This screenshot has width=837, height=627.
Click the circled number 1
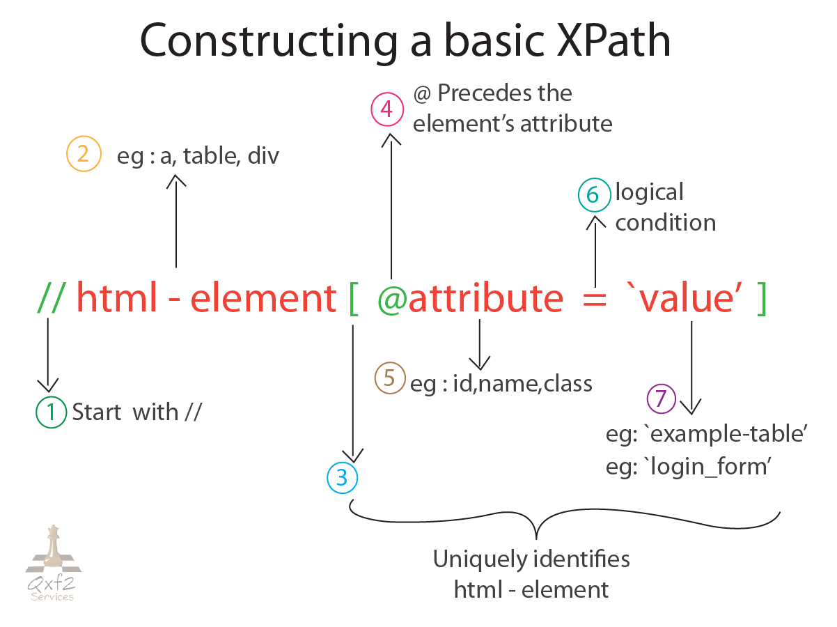50,412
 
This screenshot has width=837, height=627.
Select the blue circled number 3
342,478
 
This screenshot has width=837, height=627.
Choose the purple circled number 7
662,399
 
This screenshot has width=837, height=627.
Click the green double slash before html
52,298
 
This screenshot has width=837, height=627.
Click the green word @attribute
470,298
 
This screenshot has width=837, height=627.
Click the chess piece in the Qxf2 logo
53,547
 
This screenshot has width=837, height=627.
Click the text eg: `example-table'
706,434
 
